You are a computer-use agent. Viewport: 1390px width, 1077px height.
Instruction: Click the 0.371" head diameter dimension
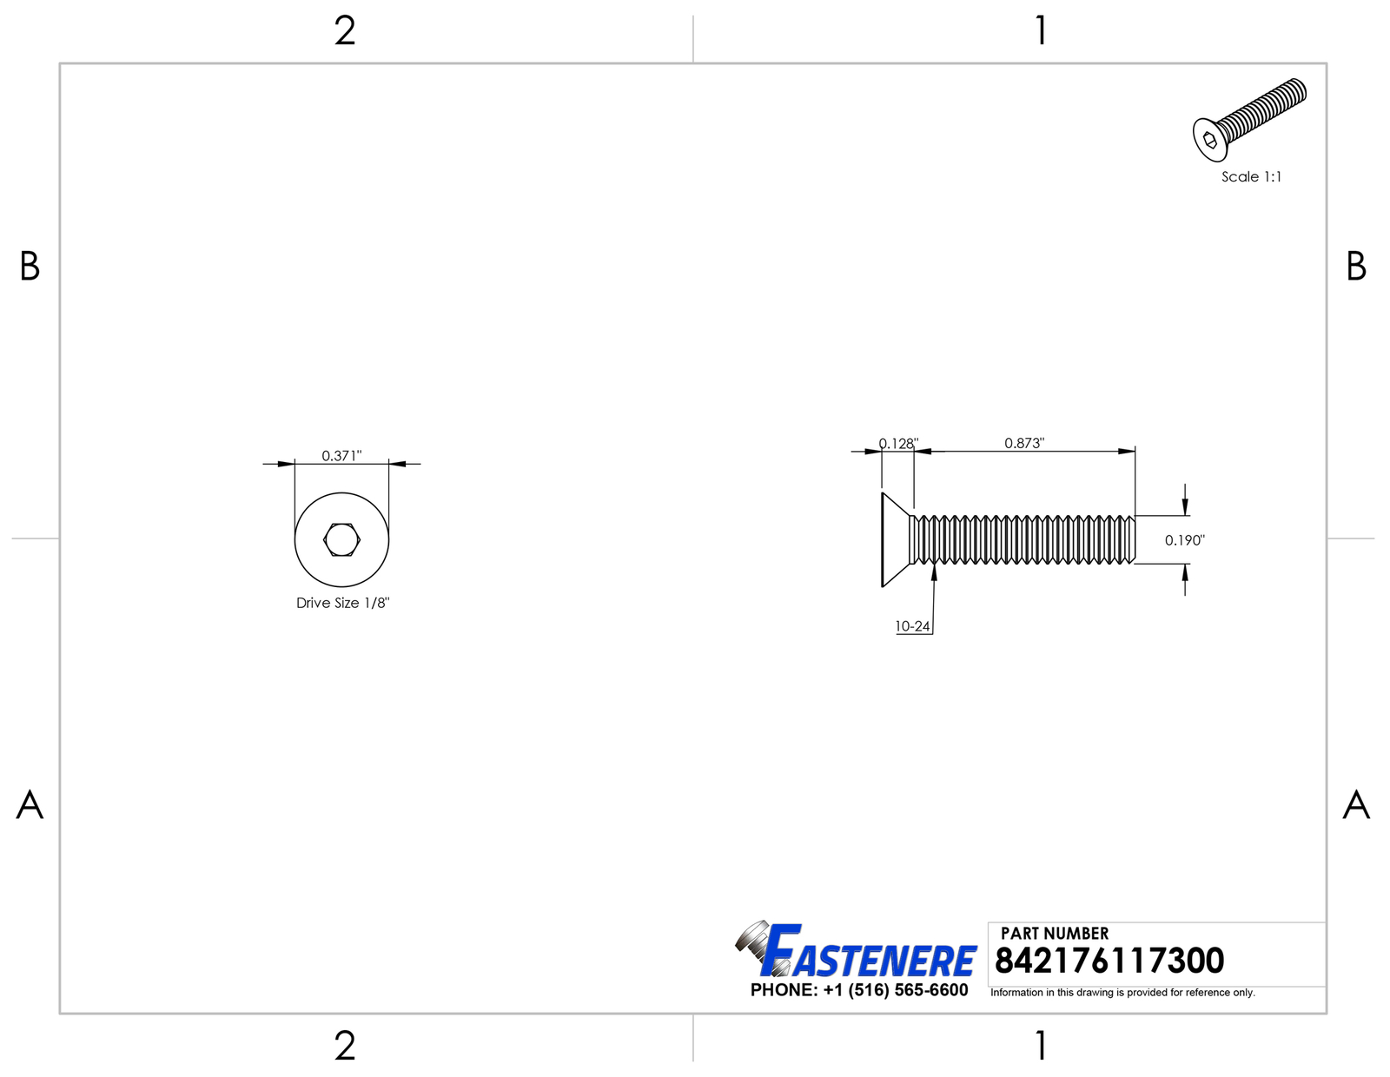pyautogui.click(x=341, y=455)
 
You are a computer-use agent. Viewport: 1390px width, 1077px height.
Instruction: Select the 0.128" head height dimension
pyautogui.click(x=898, y=443)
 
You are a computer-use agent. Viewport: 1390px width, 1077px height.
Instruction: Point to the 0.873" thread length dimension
pyautogui.click(x=1024, y=443)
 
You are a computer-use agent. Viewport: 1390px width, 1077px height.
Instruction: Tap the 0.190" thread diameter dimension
pyautogui.click(x=1185, y=540)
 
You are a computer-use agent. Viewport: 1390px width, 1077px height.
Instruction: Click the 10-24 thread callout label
pyautogui.click(x=912, y=626)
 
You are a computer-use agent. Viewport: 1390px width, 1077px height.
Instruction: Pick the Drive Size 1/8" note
pyautogui.click(x=343, y=603)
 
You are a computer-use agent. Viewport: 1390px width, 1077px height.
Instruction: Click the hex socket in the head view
pyautogui.click(x=341, y=540)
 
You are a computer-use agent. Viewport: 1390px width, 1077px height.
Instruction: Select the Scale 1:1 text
pyautogui.click(x=1251, y=176)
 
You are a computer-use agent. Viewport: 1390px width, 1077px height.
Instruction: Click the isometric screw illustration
pyautogui.click(x=1249, y=120)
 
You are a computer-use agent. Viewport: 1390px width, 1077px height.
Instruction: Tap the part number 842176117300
pyautogui.click(x=1109, y=960)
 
